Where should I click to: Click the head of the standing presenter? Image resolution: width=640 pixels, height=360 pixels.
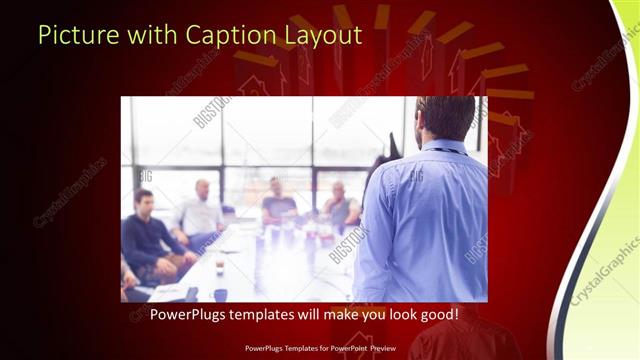click(445, 117)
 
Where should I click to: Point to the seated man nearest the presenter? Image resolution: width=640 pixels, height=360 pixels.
click(340, 205)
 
